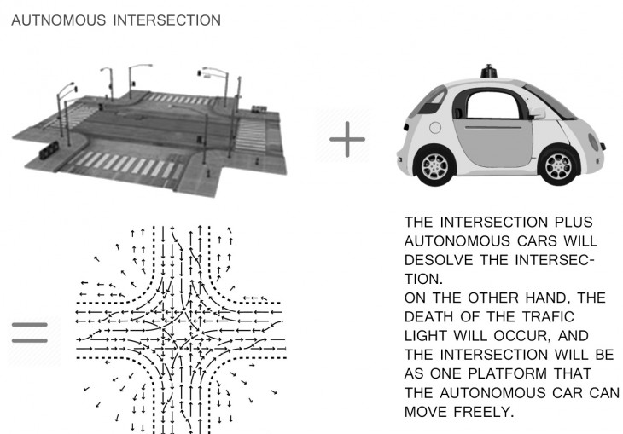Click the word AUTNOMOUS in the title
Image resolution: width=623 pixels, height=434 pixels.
point(59,20)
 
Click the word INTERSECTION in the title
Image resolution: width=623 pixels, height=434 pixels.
point(167,20)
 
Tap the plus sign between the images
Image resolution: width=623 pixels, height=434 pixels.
point(347,139)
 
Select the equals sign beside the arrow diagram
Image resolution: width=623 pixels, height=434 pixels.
point(30,333)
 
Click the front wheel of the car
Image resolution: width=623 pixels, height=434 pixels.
point(559,166)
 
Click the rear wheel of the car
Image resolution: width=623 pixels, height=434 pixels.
point(434,166)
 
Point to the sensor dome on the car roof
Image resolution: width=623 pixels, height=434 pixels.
point(489,72)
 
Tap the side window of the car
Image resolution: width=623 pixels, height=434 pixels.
point(492,104)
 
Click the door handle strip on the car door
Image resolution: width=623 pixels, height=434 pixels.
point(493,128)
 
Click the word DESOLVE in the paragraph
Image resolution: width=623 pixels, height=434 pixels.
point(439,260)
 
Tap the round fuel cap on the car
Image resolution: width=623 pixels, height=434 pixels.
point(435,128)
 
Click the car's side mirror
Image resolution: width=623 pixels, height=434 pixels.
point(536,113)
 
